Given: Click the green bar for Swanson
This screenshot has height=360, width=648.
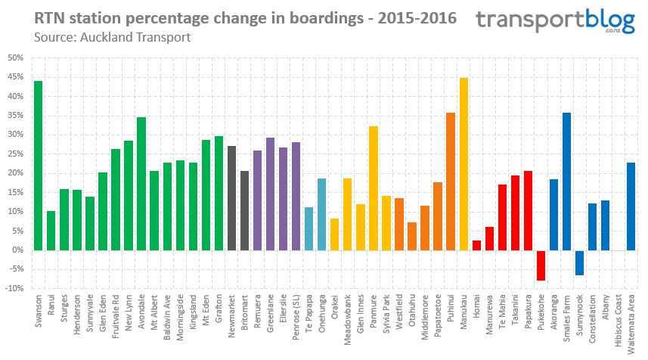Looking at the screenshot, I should pos(38,165).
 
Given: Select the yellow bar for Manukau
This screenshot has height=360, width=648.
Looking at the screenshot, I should pos(464,163).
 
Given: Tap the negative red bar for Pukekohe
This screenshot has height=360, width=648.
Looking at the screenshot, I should pos(541,265).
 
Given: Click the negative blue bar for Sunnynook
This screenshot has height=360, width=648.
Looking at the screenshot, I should pos(579,262).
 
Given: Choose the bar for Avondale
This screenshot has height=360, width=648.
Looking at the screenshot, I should pos(141,183).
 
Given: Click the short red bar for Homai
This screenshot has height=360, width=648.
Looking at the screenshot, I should pos(476,245).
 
